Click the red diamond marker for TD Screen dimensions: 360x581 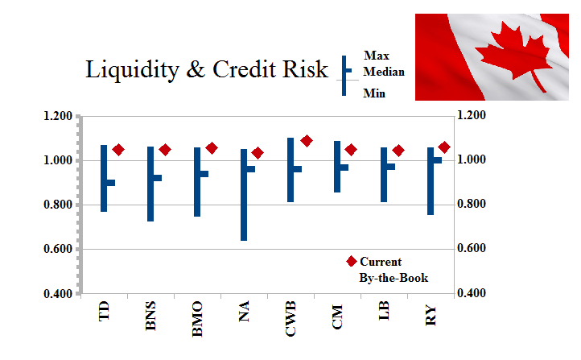pyautogui.click(x=118, y=150)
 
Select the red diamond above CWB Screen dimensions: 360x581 pyautogui.click(x=307, y=141)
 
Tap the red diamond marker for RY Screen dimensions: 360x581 pyautogui.click(x=444, y=147)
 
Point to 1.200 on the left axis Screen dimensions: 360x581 pyautogui.click(x=58, y=117)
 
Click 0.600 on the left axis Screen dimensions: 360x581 pyautogui.click(x=58, y=250)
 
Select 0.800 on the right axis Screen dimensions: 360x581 pyautogui.click(x=470, y=205)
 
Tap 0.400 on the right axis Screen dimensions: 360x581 pyautogui.click(x=470, y=293)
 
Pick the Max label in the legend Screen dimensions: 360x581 pyautogui.click(x=376, y=56)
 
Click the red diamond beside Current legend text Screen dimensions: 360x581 pyautogui.click(x=351, y=262)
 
